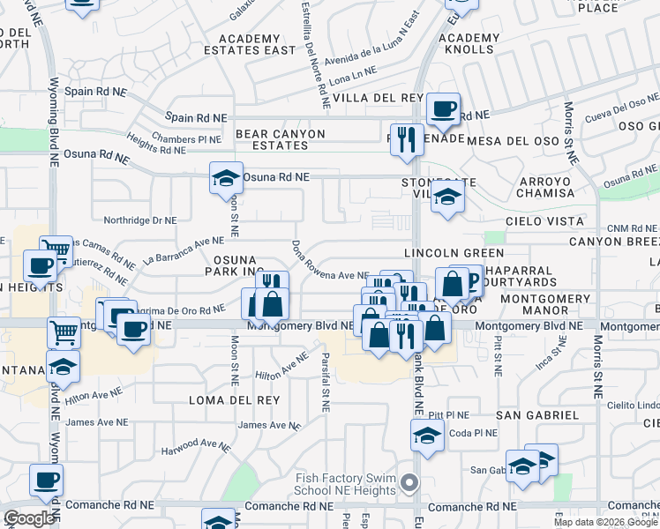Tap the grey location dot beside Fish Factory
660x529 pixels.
pos(409,482)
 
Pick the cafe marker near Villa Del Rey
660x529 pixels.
pos(443,109)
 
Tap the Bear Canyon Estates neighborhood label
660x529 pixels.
pos(280,139)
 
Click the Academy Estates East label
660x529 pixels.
pos(256,44)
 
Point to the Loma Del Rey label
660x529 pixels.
pos(235,400)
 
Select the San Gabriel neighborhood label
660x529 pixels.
pos(536,414)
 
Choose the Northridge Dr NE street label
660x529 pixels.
pos(140,220)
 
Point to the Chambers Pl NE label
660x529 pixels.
pos(185,138)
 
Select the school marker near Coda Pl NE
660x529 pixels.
pos(427,435)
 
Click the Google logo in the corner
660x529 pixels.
pos(28,518)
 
